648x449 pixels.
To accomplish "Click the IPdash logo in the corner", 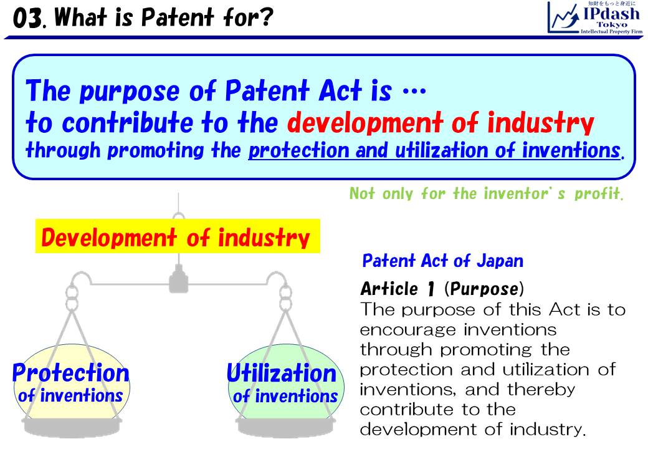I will coord(594,17).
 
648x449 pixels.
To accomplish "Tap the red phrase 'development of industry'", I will coord(439,123).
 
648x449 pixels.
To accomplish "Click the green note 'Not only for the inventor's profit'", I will coord(486,193).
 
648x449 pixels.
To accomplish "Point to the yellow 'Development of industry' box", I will coord(178,236).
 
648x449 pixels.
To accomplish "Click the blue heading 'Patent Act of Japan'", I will coord(442,260).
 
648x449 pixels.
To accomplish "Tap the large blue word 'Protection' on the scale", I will coord(70,373).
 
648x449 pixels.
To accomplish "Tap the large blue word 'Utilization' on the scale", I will coord(282,373).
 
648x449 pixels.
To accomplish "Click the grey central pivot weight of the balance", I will coord(178,279).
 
